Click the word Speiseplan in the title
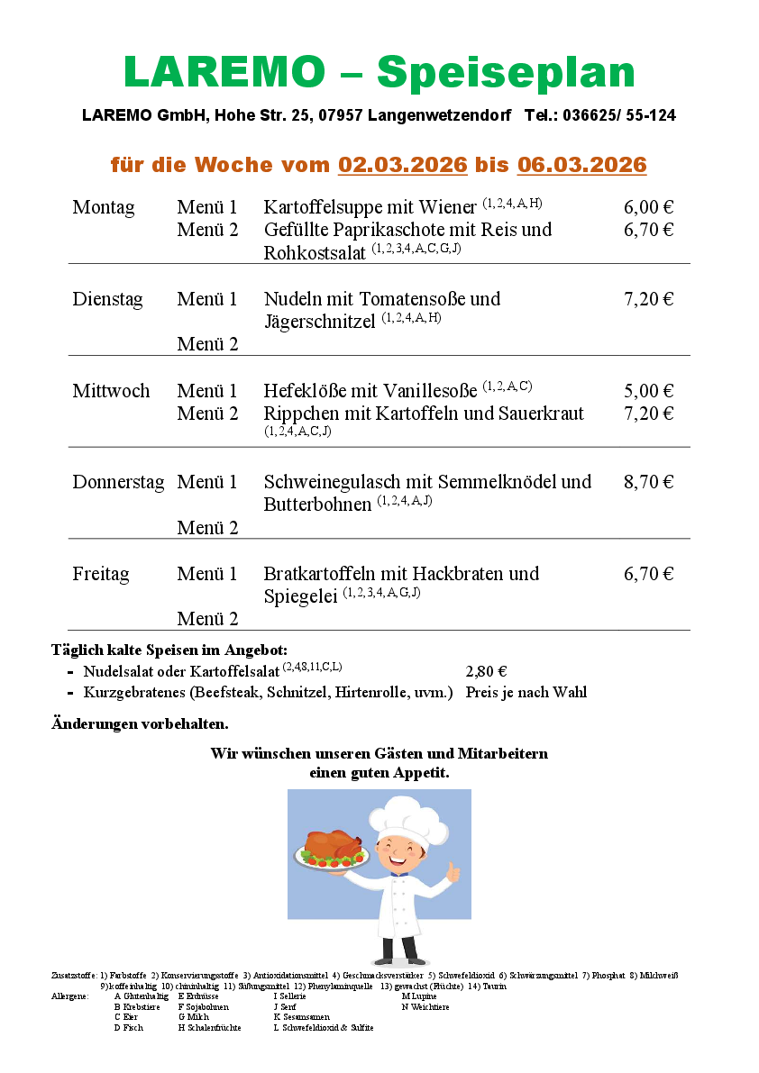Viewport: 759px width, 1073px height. pos(506,72)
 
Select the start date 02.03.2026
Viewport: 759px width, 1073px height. pos(403,165)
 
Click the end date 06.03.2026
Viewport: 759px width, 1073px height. pos(581,165)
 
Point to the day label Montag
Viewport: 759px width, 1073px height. pos(104,208)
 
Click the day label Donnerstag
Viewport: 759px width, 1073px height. pos(118,482)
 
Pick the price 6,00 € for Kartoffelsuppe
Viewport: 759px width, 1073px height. pos(648,208)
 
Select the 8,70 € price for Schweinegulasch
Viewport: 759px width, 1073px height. pos(648,482)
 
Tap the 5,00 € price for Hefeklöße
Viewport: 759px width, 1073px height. pos(648,391)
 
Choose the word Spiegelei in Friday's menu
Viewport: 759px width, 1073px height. pos(300,596)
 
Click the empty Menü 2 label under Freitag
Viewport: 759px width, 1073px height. pos(207,619)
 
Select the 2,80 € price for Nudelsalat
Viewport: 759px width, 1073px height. pos(486,671)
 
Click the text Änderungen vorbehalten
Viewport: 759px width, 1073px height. pos(140,723)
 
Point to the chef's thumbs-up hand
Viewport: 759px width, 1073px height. pos(452,872)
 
